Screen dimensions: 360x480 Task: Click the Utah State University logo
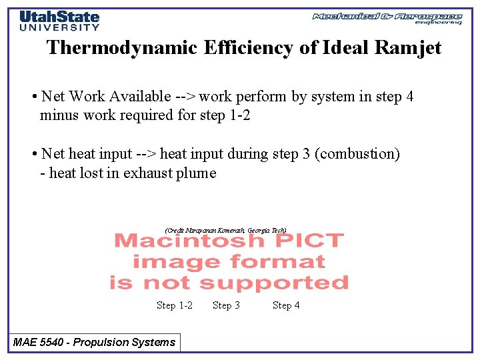59,21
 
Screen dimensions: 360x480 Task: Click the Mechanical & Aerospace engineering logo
387,18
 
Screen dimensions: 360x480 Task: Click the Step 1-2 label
174,305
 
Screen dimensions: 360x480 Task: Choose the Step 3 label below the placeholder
226,305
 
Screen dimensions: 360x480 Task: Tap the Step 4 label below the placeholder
286,305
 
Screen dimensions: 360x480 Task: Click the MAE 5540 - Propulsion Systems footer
94,342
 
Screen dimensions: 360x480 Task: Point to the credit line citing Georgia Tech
226,230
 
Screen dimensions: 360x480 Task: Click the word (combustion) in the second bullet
357,154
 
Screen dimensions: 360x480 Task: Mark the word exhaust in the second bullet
151,173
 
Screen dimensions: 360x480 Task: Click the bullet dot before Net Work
33,97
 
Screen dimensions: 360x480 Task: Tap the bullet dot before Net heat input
33,154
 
